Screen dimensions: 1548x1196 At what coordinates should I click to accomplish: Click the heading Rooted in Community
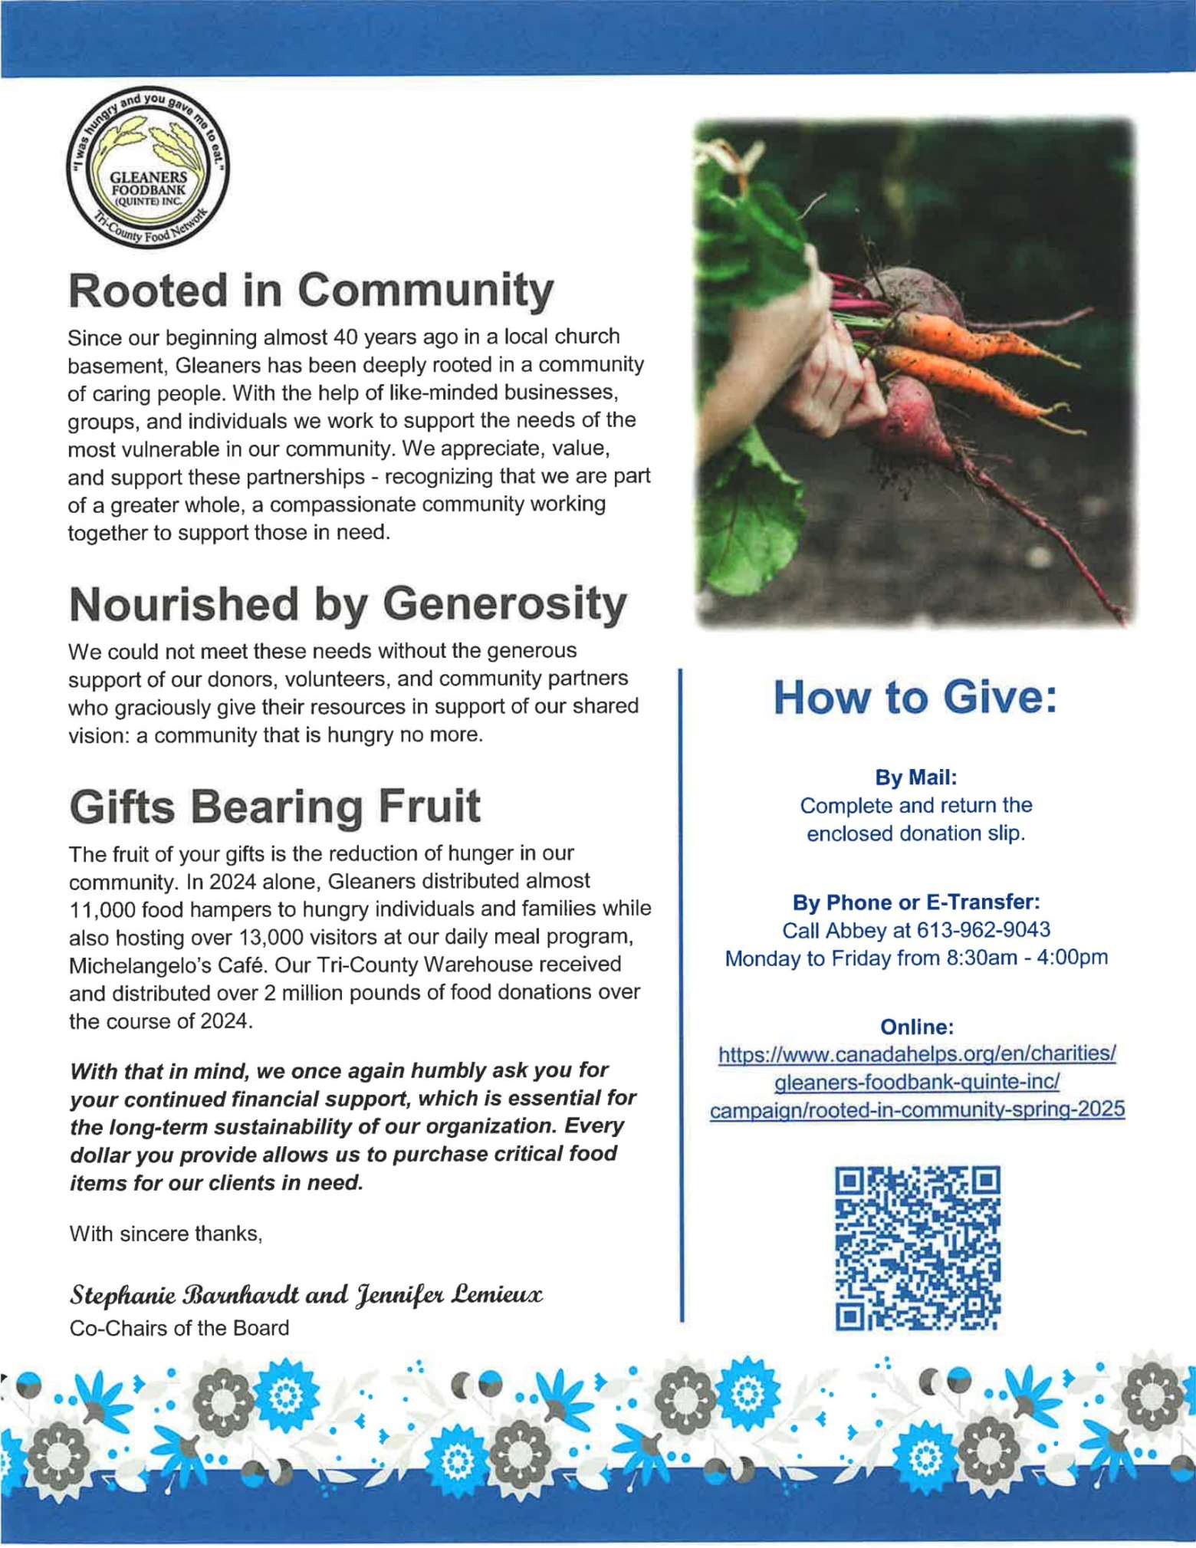(x=310, y=291)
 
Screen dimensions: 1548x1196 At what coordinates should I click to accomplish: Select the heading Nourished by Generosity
(x=347, y=604)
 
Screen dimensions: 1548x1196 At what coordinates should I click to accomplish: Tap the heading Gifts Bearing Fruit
(x=274, y=807)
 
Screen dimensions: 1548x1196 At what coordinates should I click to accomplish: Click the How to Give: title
(x=915, y=698)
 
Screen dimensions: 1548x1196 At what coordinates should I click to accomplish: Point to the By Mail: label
(x=915, y=777)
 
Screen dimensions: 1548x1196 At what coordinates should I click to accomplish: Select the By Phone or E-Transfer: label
(x=915, y=902)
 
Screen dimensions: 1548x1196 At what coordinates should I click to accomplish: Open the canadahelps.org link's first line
(x=916, y=1053)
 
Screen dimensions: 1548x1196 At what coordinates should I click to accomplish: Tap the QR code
(x=916, y=1247)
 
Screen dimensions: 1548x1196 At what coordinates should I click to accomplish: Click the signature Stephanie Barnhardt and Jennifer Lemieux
(x=306, y=1295)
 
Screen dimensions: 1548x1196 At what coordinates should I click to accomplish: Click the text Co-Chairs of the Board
(x=179, y=1328)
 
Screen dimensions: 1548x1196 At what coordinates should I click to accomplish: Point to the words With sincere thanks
(x=166, y=1234)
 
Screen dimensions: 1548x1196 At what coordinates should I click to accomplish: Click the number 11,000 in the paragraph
(x=103, y=909)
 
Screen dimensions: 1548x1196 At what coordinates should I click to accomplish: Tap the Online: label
(x=916, y=1027)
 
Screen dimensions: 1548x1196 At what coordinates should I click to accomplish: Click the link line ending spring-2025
(x=916, y=1109)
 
